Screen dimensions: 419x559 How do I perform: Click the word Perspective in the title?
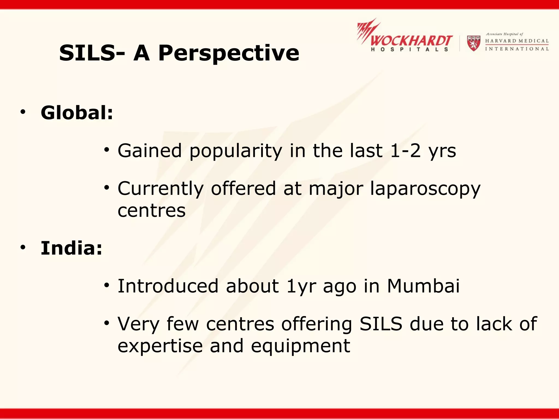click(229, 53)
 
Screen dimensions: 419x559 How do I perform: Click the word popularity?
click(236, 151)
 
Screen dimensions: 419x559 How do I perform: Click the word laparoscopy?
click(425, 189)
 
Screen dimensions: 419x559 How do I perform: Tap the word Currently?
click(160, 189)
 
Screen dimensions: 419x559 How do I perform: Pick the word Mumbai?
click(423, 286)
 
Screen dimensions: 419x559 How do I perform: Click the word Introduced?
click(168, 286)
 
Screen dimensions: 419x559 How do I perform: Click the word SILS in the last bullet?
click(381, 324)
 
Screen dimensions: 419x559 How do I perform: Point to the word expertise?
click(160, 346)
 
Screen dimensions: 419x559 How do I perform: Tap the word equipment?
click(300, 346)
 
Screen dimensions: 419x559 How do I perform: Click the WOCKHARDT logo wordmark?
click(411, 41)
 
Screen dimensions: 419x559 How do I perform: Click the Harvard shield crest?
click(474, 43)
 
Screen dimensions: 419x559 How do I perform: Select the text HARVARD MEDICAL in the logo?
click(517, 41)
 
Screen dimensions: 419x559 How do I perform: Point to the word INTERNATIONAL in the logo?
click(517, 49)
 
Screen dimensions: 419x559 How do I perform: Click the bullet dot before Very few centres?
click(106, 324)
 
